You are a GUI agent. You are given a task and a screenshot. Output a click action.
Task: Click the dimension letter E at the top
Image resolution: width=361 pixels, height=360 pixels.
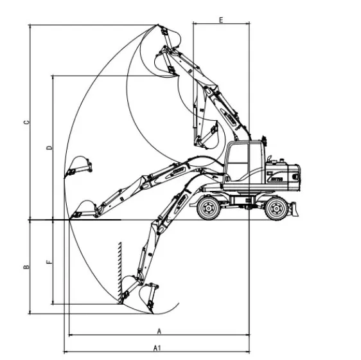click(x=221, y=20)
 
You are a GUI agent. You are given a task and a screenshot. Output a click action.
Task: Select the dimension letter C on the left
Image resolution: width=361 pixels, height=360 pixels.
click(x=27, y=122)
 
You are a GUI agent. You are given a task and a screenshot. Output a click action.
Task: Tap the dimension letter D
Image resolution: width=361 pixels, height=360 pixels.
click(x=49, y=148)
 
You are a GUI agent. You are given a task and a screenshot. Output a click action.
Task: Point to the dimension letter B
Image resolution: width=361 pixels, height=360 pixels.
click(x=26, y=267)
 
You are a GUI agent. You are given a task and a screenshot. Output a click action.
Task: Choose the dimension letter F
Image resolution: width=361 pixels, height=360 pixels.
click(x=49, y=262)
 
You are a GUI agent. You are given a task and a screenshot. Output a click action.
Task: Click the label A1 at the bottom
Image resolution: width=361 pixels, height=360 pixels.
click(x=157, y=348)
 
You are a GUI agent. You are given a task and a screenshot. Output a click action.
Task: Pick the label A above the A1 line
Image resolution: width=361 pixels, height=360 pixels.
click(x=159, y=332)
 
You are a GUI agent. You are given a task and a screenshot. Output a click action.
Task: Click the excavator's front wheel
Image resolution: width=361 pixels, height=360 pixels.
click(x=209, y=208)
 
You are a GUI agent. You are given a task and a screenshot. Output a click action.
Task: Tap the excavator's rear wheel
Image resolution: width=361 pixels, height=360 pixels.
click(x=276, y=209)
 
